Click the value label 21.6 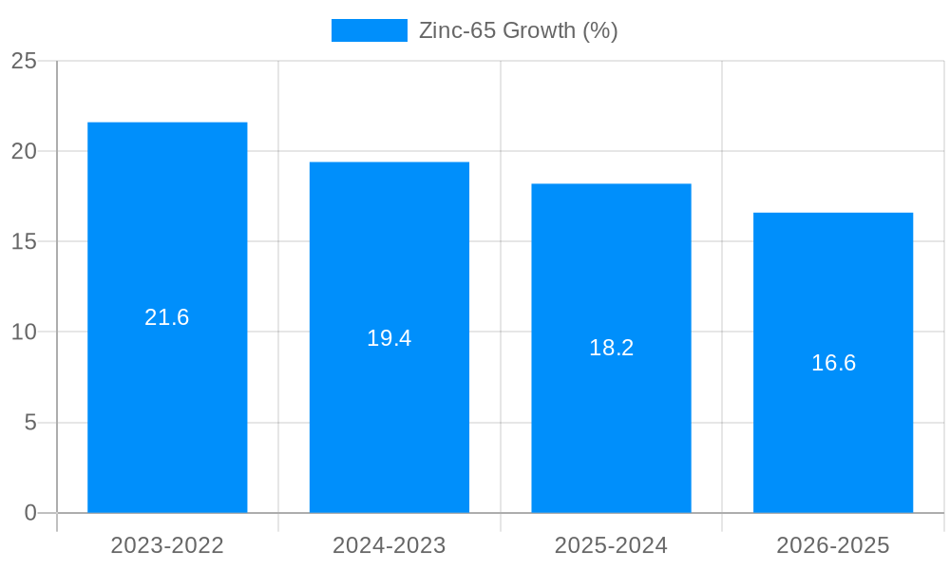[x=167, y=317]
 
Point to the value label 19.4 [x=389, y=338]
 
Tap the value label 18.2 [x=611, y=348]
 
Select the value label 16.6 [x=833, y=363]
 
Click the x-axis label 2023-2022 [x=167, y=545]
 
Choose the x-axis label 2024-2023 [x=389, y=545]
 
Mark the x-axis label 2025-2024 [x=611, y=545]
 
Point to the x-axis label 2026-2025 [x=833, y=545]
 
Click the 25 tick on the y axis [x=24, y=61]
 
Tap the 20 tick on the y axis [x=24, y=151]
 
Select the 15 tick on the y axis [x=24, y=241]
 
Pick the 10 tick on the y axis [x=24, y=332]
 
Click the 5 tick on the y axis [x=30, y=422]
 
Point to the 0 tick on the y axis [x=30, y=513]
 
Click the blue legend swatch [x=369, y=30]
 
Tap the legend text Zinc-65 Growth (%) [x=518, y=30]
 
